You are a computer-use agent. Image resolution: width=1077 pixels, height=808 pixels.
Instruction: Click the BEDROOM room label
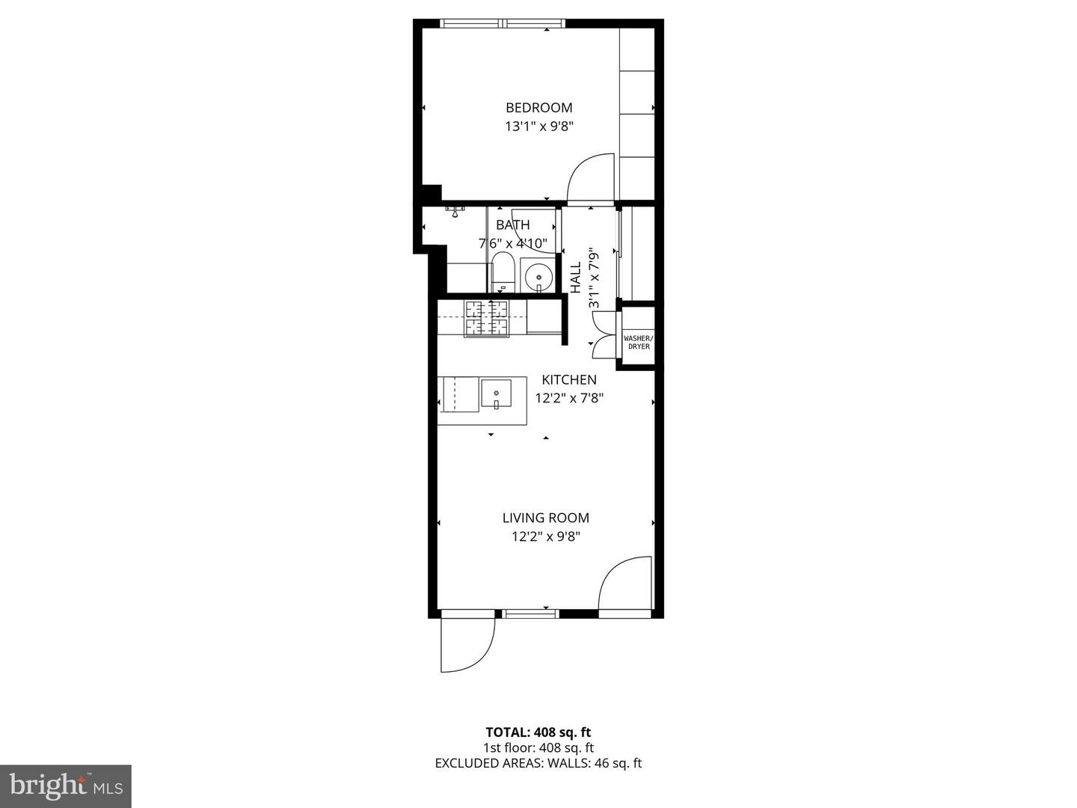coord(538,108)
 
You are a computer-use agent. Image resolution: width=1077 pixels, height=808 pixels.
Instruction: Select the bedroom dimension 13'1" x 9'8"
coord(538,126)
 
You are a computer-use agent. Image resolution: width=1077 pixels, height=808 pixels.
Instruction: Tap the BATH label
coord(512,224)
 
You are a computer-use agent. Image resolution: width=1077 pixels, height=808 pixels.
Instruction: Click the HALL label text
coord(576,278)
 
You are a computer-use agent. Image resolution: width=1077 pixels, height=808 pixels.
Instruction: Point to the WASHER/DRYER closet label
coord(638,343)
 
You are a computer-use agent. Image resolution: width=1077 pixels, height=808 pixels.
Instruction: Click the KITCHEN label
coord(568,379)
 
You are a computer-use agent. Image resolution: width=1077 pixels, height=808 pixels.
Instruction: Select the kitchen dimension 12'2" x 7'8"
coord(568,398)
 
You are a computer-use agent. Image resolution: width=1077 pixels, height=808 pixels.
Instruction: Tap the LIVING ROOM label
coord(545,518)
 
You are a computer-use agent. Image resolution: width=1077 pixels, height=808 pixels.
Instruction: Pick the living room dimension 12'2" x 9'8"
coord(545,536)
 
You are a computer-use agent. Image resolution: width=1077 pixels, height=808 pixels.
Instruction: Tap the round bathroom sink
coord(538,277)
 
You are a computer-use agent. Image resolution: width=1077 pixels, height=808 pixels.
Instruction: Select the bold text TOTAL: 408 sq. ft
coord(538,732)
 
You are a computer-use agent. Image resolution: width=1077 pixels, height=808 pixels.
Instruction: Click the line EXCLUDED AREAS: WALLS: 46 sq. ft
coord(538,763)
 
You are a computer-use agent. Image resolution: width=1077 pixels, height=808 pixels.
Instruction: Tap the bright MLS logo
coord(66,786)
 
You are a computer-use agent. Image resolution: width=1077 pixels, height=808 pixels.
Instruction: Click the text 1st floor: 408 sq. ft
coord(538,747)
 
